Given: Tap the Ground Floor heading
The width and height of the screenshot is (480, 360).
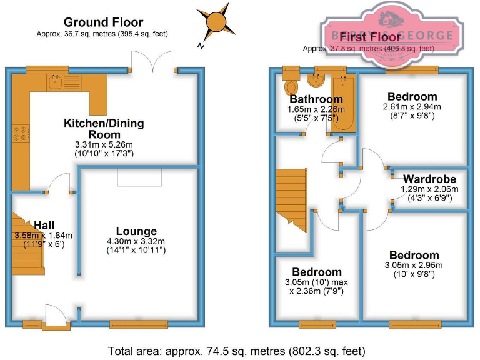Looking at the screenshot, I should [103, 23].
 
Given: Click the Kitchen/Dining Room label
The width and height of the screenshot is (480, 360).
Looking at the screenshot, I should [104, 129].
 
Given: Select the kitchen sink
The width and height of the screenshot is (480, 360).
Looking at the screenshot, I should [56, 82].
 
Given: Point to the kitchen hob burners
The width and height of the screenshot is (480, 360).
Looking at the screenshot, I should [21, 133].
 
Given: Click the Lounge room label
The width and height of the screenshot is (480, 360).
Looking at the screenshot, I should [136, 231].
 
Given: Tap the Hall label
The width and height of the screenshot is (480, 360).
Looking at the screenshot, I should [44, 225].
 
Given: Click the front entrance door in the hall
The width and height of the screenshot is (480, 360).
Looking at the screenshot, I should [57, 316].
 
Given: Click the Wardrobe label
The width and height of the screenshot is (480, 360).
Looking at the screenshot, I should [428, 179].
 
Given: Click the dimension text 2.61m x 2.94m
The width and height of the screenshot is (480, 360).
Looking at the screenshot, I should [412, 106].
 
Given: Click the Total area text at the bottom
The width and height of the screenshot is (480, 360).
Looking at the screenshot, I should [236, 351].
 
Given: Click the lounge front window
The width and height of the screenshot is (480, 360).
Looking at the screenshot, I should [138, 324].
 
